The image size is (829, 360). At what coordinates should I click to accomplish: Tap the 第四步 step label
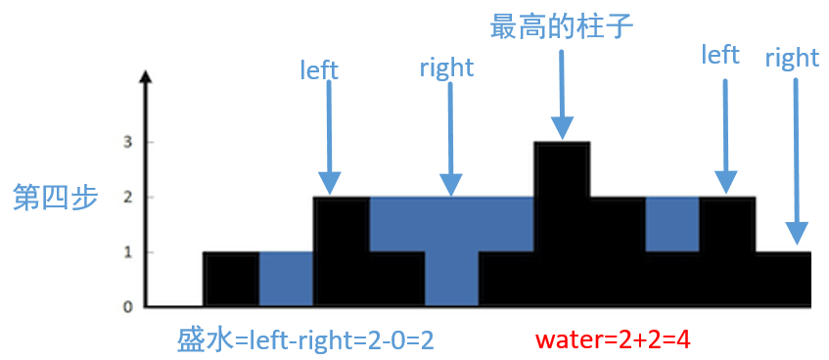point(55,198)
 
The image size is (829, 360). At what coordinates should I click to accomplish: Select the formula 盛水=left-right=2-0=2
point(304,339)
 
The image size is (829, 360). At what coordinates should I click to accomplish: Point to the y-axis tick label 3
point(127,143)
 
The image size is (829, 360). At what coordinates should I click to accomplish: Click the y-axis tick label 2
point(127,198)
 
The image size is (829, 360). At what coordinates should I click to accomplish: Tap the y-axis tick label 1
point(127,252)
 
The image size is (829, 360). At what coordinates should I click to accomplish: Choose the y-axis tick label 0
point(127,307)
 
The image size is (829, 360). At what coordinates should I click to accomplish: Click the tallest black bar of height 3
point(562,225)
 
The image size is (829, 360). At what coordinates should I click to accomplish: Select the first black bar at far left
point(231,280)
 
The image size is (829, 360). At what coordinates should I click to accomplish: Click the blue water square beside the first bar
point(286,280)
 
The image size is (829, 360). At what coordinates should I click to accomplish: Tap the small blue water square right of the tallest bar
point(671,224)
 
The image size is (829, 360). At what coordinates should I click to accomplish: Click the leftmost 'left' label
point(319,69)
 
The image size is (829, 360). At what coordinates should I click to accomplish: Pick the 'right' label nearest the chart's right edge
point(792,58)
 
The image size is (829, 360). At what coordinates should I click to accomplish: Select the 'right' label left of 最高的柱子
point(446,67)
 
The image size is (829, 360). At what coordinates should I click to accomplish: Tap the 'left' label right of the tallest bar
point(720,55)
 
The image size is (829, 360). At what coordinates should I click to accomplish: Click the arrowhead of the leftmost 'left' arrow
point(330,183)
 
